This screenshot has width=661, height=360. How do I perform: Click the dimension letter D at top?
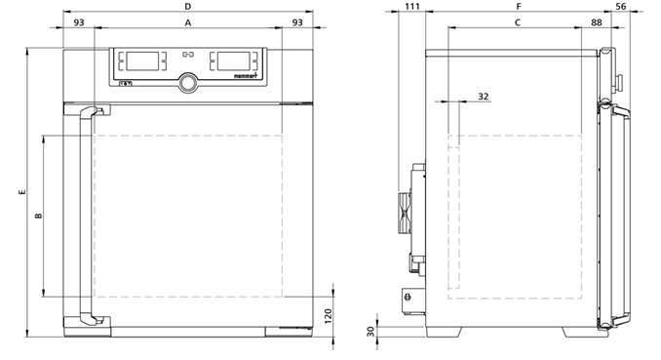click(188, 6)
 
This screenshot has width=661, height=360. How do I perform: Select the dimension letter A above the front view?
click(188, 22)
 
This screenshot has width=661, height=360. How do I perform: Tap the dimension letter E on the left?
click(22, 192)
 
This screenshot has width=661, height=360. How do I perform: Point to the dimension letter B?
click(38, 216)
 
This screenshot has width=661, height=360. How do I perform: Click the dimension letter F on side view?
click(519, 6)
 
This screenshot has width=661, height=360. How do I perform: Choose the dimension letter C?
click(518, 22)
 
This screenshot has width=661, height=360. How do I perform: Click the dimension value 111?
click(411, 6)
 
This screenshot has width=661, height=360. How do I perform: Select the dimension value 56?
click(620, 6)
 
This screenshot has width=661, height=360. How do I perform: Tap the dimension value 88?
click(597, 22)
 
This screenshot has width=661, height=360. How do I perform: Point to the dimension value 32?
click(484, 97)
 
